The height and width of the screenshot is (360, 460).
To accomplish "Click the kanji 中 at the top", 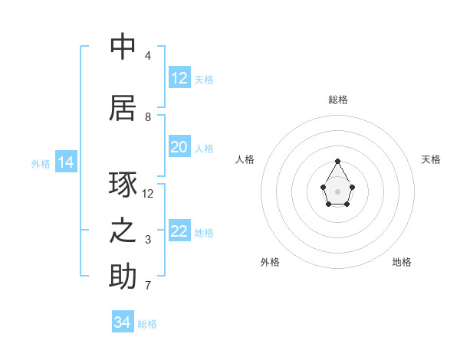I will point(123,47).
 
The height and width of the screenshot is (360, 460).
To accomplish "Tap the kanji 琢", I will point(123,185).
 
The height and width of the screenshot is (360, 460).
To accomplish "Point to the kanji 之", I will point(123,231).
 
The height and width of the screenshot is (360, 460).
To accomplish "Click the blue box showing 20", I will point(179,147).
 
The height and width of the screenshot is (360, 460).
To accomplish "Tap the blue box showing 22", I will point(179,231).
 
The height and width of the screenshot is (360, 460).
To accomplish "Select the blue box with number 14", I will point(66,162).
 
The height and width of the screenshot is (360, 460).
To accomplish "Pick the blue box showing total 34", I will point(123,322).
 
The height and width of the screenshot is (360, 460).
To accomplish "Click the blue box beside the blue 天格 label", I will point(179,78).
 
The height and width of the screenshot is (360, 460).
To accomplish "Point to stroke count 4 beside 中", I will point(147,56).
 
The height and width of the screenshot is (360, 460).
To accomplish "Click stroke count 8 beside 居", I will point(147,117).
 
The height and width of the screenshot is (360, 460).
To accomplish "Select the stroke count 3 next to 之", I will point(147,240).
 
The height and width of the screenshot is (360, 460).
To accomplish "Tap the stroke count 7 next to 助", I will point(147,286).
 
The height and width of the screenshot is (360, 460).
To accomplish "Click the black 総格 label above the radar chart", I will point(338,100).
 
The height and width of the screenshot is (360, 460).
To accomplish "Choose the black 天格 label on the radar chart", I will point(431,159).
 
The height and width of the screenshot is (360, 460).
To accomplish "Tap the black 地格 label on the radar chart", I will point(402,262).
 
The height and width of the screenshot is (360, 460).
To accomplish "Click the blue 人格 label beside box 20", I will point(204,148).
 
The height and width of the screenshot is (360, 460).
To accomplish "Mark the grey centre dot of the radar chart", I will point(338,190).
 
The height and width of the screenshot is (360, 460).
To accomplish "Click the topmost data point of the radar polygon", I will point(338,161).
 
